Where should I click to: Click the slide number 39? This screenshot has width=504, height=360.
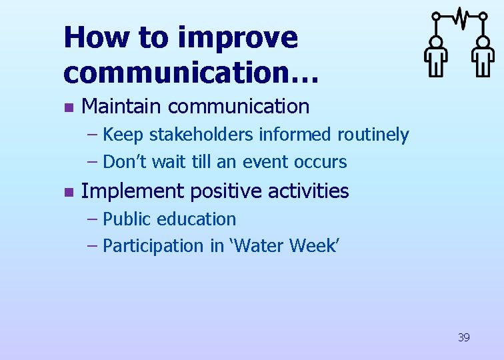pyautogui.click(x=463, y=337)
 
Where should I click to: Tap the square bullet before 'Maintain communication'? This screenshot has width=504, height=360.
pyautogui.click(x=67, y=107)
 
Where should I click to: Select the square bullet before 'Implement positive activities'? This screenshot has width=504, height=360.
pyautogui.click(x=67, y=192)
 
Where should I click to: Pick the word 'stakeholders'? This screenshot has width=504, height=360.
pyautogui.click(x=201, y=135)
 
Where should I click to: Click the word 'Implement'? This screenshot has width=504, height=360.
pyautogui.click(x=132, y=191)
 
